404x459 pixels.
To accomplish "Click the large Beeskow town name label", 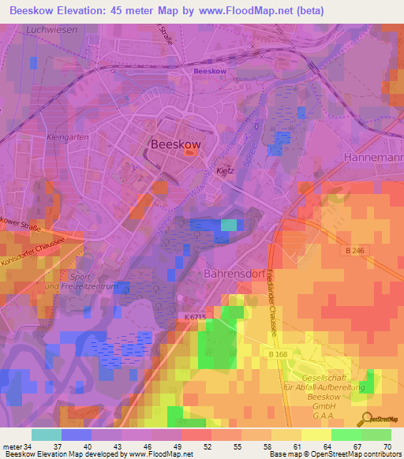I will (x=176, y=144).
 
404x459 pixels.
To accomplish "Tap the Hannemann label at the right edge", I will (x=374, y=158).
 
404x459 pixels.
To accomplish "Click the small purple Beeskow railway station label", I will (x=209, y=71).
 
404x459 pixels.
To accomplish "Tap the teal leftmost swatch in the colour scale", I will (x=46, y=435).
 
